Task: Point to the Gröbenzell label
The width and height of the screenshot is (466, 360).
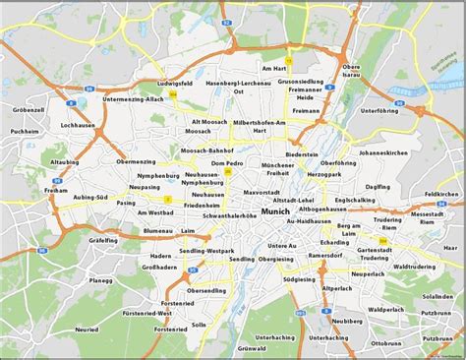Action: coord(28,109)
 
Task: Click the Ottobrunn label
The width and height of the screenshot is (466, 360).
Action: coord(390,344)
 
